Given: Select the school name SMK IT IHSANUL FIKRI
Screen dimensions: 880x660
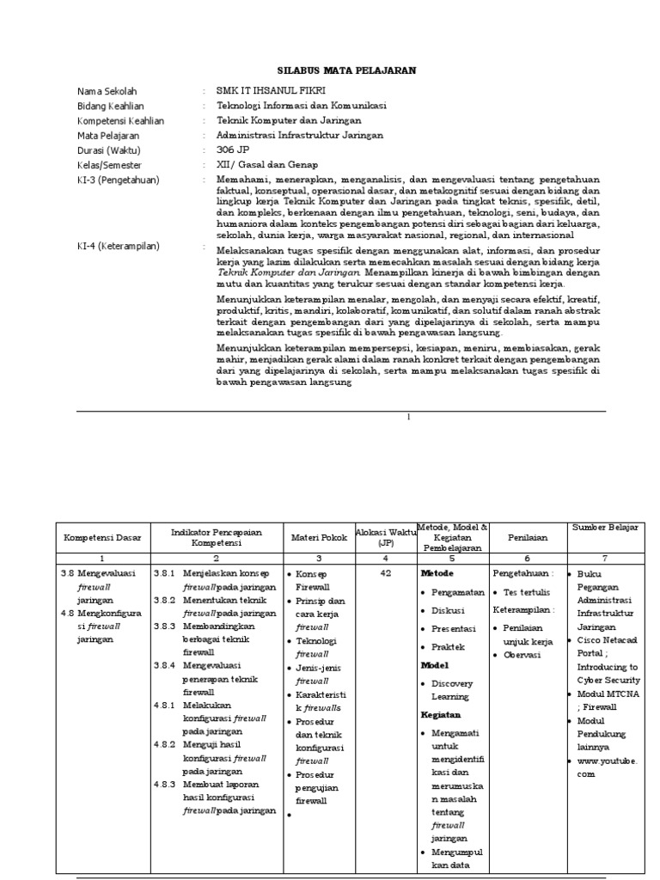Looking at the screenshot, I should (x=272, y=91).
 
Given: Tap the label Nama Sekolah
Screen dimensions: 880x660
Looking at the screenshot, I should (x=107, y=91).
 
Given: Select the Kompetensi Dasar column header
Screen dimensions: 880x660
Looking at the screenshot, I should (x=103, y=538).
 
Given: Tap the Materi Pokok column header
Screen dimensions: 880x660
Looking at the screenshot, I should (x=318, y=538).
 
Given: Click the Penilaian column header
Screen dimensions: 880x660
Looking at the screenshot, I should (x=528, y=538).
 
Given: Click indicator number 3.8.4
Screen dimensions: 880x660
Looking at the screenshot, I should (x=164, y=664).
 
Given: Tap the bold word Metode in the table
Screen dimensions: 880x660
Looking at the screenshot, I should (x=437, y=572).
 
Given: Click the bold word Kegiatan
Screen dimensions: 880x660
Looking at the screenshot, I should (x=441, y=714).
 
